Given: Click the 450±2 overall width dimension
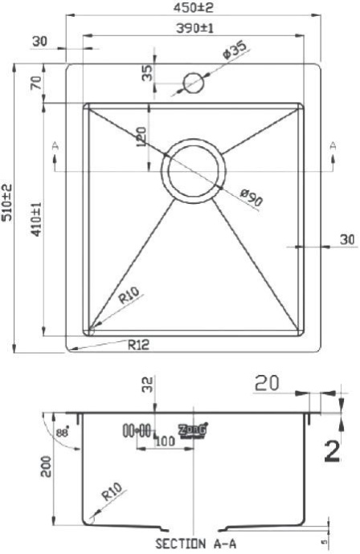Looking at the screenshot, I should (x=192, y=7).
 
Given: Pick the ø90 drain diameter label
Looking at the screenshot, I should (x=252, y=198).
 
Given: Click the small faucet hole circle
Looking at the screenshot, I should (x=194, y=82).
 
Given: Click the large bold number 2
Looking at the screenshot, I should (x=330, y=452).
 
